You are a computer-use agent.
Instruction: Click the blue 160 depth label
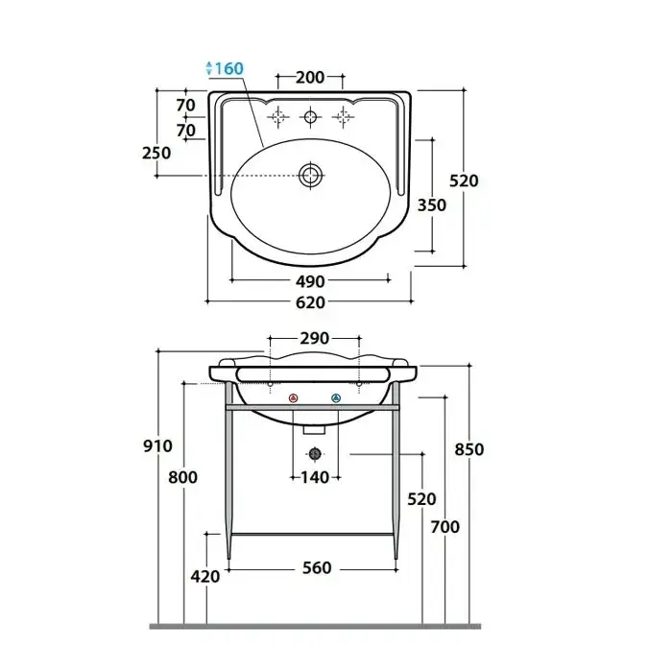click(x=228, y=68)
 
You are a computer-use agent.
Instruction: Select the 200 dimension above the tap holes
click(x=310, y=77)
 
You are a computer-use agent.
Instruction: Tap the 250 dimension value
click(x=156, y=153)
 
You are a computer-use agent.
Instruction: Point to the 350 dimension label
click(x=432, y=204)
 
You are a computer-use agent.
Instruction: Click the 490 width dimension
click(x=310, y=281)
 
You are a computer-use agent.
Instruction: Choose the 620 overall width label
click(x=310, y=302)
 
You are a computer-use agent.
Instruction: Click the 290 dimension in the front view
click(x=315, y=338)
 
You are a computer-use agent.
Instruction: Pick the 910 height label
click(x=157, y=445)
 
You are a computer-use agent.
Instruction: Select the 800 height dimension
click(x=182, y=477)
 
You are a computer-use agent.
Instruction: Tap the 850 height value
click(x=469, y=449)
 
